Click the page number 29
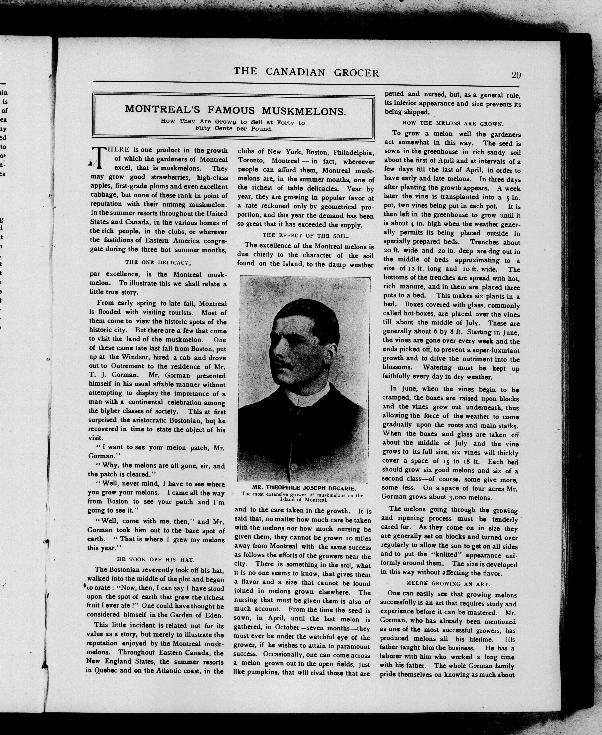(x=516, y=75)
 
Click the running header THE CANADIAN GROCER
(x=306, y=72)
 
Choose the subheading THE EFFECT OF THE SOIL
(x=306, y=236)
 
